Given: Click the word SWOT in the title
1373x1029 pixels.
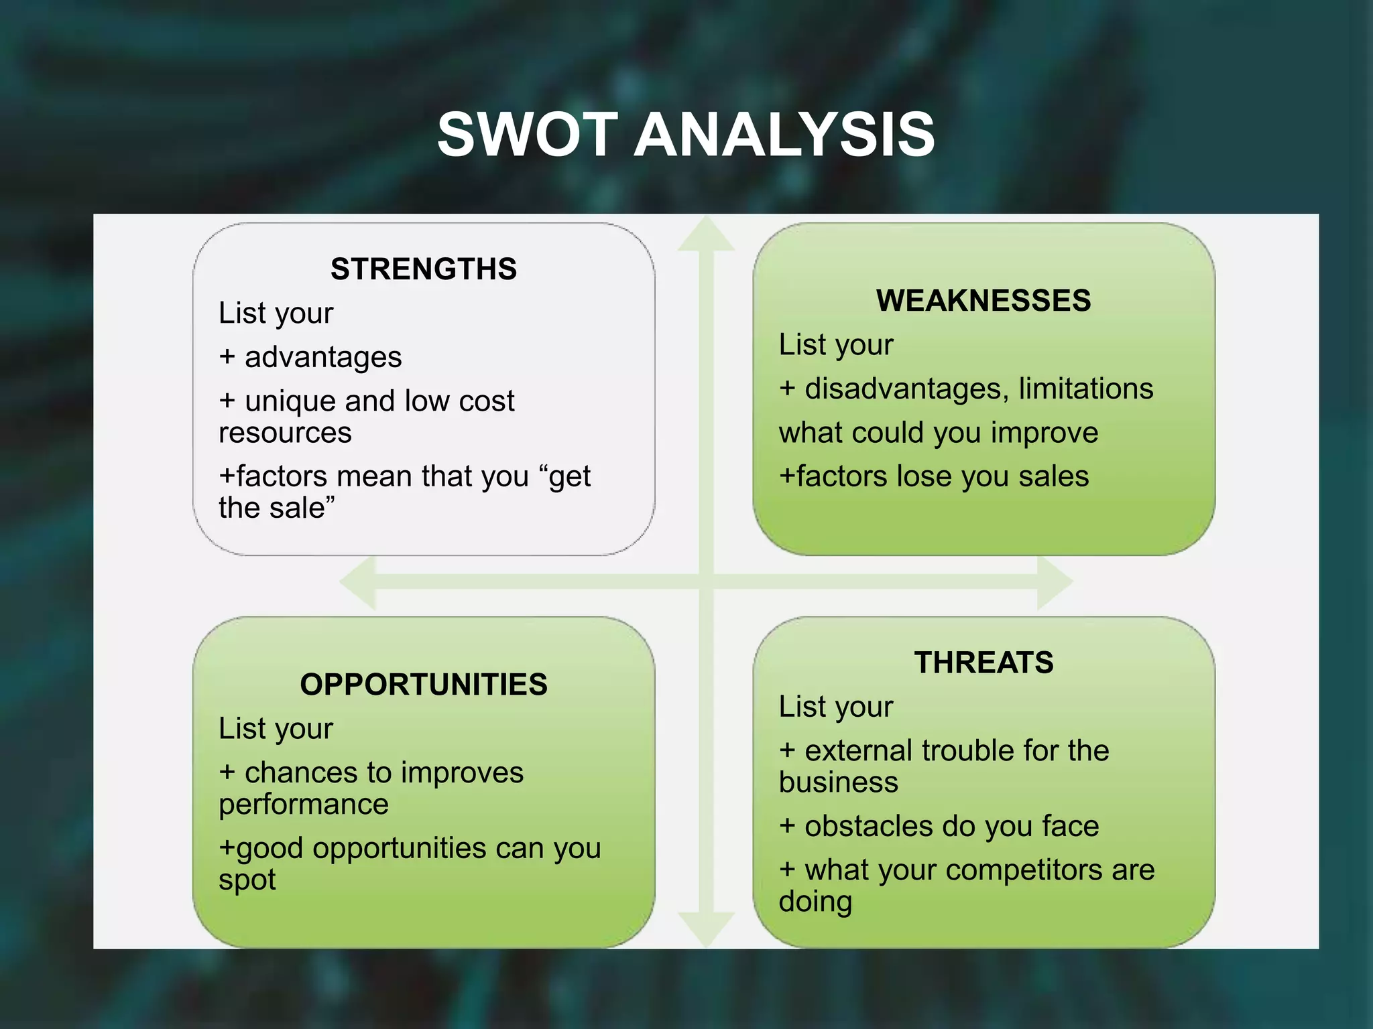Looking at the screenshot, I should [527, 135].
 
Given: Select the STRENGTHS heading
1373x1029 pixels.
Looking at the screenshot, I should [424, 269].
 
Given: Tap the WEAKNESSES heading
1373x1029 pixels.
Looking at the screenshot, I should [983, 301].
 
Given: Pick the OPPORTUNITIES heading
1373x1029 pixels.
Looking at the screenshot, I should [424, 685].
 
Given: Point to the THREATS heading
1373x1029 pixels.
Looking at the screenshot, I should [983, 663].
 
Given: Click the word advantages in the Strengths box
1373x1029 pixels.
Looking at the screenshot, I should [323, 358].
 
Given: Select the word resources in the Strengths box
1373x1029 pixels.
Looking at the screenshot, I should [285, 433].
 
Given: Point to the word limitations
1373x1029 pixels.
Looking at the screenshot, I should [1086, 389].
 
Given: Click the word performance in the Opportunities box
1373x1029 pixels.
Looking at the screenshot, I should [304, 805].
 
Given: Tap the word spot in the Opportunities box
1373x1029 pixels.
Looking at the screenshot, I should [247, 880].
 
